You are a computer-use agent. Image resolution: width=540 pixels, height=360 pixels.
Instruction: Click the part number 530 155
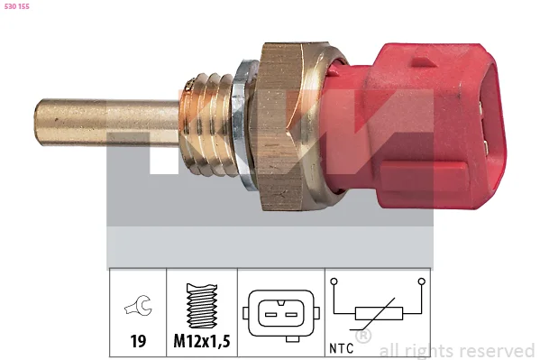tap(17, 6)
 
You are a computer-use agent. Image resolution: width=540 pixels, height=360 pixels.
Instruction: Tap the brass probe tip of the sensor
tap(106, 122)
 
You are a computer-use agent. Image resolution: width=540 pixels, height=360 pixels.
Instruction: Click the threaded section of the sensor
tap(206, 125)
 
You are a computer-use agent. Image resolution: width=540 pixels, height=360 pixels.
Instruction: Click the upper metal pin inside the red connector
tap(482, 109)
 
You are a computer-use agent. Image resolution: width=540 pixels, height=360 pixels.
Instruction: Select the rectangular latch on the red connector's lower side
tap(424, 177)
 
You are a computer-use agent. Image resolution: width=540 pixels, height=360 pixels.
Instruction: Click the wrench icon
tap(138, 305)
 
